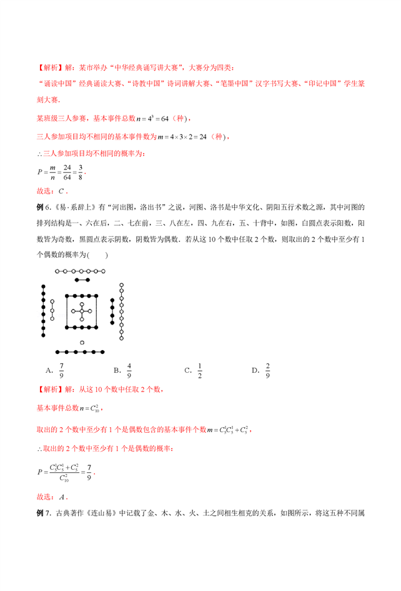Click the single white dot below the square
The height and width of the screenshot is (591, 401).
point(82,343)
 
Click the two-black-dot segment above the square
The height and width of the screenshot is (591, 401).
point(82,281)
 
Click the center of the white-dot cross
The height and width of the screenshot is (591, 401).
point(82,311)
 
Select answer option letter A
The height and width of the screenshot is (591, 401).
point(49,370)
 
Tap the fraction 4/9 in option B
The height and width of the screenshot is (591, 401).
point(129,370)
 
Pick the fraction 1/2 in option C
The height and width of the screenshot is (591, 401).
point(200,370)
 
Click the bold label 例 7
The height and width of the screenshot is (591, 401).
point(43,513)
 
